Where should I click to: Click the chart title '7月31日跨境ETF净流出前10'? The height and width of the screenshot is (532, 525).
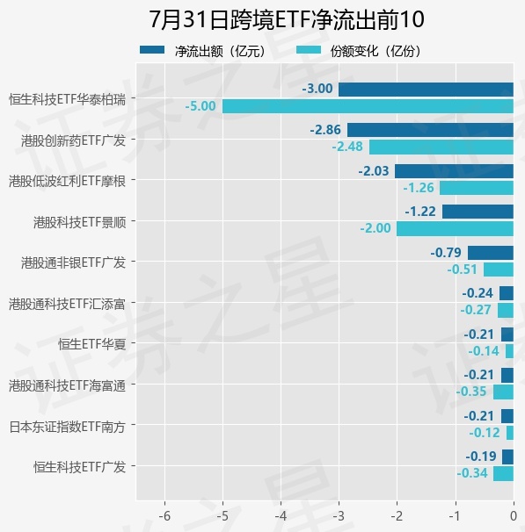tap(287, 19)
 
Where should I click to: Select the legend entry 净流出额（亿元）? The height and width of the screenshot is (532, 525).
tap(202, 51)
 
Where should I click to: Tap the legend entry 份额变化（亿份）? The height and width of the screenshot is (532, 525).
tap(359, 51)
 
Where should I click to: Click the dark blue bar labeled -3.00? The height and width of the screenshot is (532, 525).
tap(426, 90)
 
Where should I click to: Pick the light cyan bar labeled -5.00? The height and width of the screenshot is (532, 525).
tap(368, 106)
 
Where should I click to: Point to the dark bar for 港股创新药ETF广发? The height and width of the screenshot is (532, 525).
tap(430, 130)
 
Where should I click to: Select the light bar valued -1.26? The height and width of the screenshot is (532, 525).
tap(477, 188)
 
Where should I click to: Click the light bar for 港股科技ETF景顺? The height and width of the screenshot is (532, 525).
tap(455, 228)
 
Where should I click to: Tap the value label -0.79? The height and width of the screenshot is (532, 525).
tap(446, 253)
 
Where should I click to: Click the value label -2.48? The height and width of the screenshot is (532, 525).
tap(347, 147)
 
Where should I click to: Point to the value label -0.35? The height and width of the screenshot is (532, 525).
tap(471, 392)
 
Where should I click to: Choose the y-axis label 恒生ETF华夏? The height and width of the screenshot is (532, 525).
tap(91, 344)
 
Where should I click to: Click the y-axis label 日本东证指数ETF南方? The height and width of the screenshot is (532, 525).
tap(68, 427)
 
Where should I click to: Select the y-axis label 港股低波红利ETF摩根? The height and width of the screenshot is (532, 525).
tap(68, 181)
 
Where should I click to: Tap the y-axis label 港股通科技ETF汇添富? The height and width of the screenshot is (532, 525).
tap(68, 304)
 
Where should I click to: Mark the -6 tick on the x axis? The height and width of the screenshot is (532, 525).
tap(164, 516)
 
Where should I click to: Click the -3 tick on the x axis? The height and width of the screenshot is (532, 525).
tap(339, 516)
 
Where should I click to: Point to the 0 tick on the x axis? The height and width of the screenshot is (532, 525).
tap(514, 516)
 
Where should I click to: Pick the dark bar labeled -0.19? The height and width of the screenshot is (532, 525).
tap(507, 457)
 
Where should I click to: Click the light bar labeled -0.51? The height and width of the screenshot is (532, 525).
tap(499, 270)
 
